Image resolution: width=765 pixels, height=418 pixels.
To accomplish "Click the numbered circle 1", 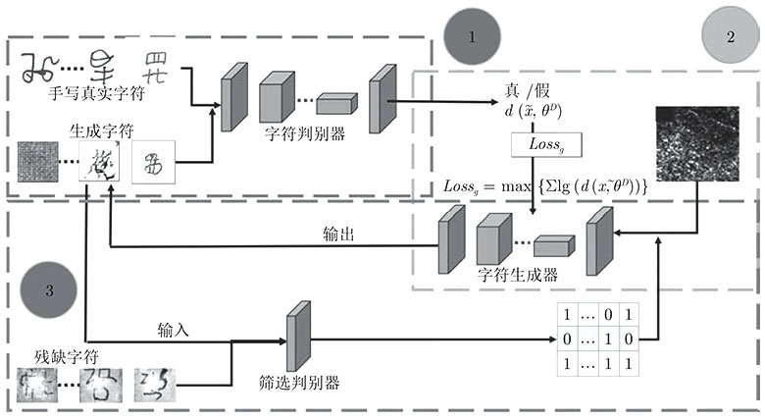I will (472, 37).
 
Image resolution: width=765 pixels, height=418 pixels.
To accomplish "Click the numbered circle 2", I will (730, 37).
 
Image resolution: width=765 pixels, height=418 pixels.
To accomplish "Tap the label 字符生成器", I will (518, 276).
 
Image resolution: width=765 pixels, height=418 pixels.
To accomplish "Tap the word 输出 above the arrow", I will (338, 234).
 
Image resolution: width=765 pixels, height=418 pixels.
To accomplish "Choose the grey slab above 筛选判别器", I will (297, 336).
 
